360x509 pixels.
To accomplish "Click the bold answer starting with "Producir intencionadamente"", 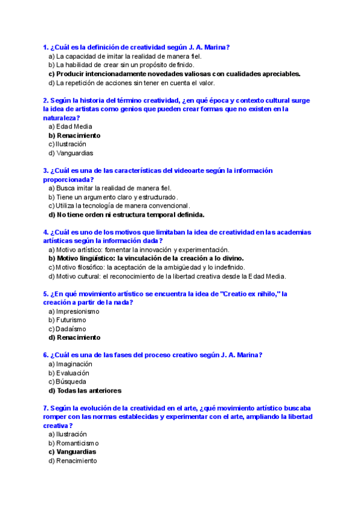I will coord(174,74).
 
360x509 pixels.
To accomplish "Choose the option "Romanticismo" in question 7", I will coord(77,443).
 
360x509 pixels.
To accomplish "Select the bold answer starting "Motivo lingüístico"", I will coord(142,258).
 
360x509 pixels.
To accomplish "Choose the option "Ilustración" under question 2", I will coord(70,144).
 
